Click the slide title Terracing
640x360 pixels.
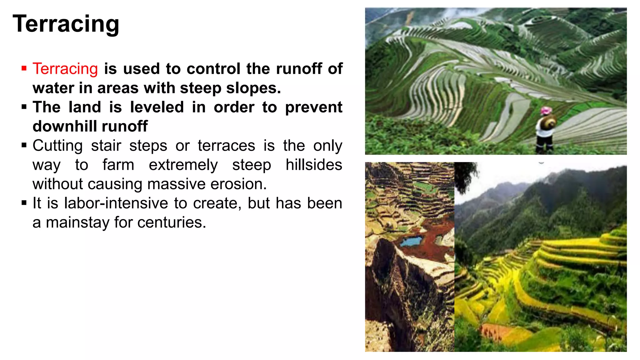click(x=66, y=24)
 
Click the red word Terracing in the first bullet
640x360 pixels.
click(x=65, y=69)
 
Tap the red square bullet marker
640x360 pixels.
click(x=24, y=68)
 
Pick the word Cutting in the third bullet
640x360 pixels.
click(x=58, y=146)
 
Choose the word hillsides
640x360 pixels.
click(x=314, y=165)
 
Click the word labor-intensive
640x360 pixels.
click(x=116, y=203)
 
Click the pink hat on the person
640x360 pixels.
click(x=546, y=110)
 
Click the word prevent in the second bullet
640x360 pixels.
click(x=314, y=107)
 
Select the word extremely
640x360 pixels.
click(x=183, y=165)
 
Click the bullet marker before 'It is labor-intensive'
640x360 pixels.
click(x=24, y=203)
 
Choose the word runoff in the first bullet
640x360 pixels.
click(x=299, y=69)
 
